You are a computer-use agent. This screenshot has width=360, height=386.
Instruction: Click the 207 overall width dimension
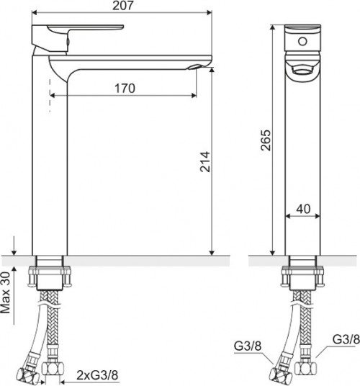click(x=123, y=6)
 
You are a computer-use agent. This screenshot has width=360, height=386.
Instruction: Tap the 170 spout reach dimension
click(x=125, y=89)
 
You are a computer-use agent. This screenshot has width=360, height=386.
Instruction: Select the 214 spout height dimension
click(x=205, y=162)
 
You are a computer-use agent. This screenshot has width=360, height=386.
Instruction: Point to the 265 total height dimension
click(x=266, y=140)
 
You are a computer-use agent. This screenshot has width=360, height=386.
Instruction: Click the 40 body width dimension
click(x=303, y=209)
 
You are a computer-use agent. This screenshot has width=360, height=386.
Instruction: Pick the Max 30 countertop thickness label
click(x=6, y=292)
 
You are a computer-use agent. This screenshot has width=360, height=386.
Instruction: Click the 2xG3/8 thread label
click(x=97, y=375)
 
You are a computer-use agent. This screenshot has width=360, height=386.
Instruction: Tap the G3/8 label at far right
click(x=346, y=339)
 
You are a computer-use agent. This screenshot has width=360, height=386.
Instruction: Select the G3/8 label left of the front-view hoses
click(x=247, y=346)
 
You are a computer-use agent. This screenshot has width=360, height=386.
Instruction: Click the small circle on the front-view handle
click(x=302, y=41)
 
